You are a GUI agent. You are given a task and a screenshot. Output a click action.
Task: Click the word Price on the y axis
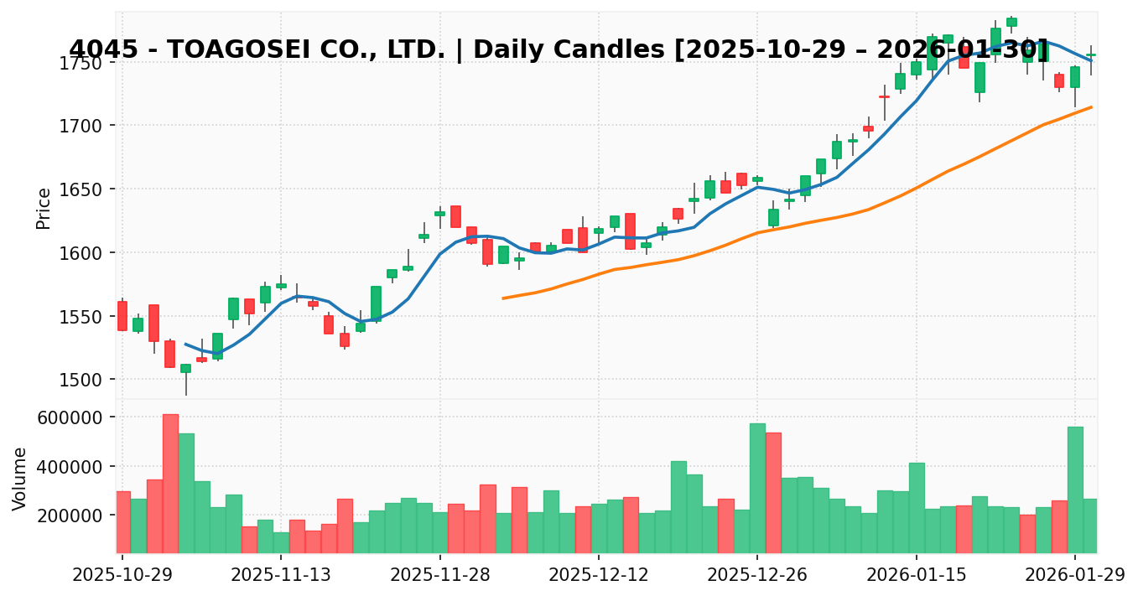coord(44,208)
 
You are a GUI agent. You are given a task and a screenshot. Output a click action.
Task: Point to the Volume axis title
coord(20,478)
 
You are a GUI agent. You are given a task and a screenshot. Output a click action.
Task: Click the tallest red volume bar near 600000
coord(170,484)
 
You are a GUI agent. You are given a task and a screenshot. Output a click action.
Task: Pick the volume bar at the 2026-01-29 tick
coord(1075,490)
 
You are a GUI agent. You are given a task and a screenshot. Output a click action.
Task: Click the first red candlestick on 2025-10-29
coord(122,316)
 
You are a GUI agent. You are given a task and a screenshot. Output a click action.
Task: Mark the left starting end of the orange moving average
coord(503,298)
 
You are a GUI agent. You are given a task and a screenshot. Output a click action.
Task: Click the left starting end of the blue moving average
coord(185,344)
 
